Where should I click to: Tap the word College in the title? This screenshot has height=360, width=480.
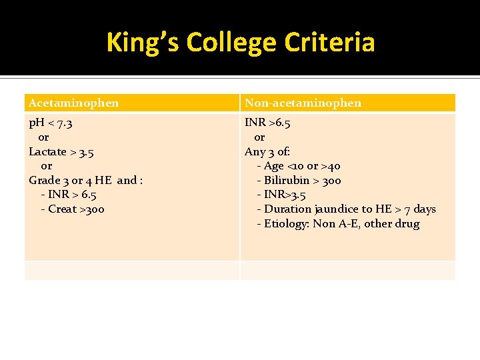pyautogui.click(x=231, y=43)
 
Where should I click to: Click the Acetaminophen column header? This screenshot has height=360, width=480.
pyautogui.click(x=74, y=103)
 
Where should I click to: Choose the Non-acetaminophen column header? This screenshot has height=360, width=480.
pyautogui.click(x=303, y=103)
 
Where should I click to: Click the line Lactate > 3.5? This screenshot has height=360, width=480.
pyautogui.click(x=61, y=152)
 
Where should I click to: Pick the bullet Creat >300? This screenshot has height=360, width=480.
pyautogui.click(x=72, y=209)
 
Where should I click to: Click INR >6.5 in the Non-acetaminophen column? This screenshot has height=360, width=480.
pyautogui.click(x=267, y=123)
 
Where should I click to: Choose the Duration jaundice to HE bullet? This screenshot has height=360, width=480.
pyautogui.click(x=346, y=209)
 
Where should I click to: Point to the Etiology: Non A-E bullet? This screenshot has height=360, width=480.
pyautogui.click(x=338, y=224)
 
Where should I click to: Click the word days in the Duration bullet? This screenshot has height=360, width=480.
pyautogui.click(x=424, y=209)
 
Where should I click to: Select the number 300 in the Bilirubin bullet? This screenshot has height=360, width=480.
pyautogui.click(x=331, y=181)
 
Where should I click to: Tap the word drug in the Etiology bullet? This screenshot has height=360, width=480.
pyautogui.click(x=407, y=224)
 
